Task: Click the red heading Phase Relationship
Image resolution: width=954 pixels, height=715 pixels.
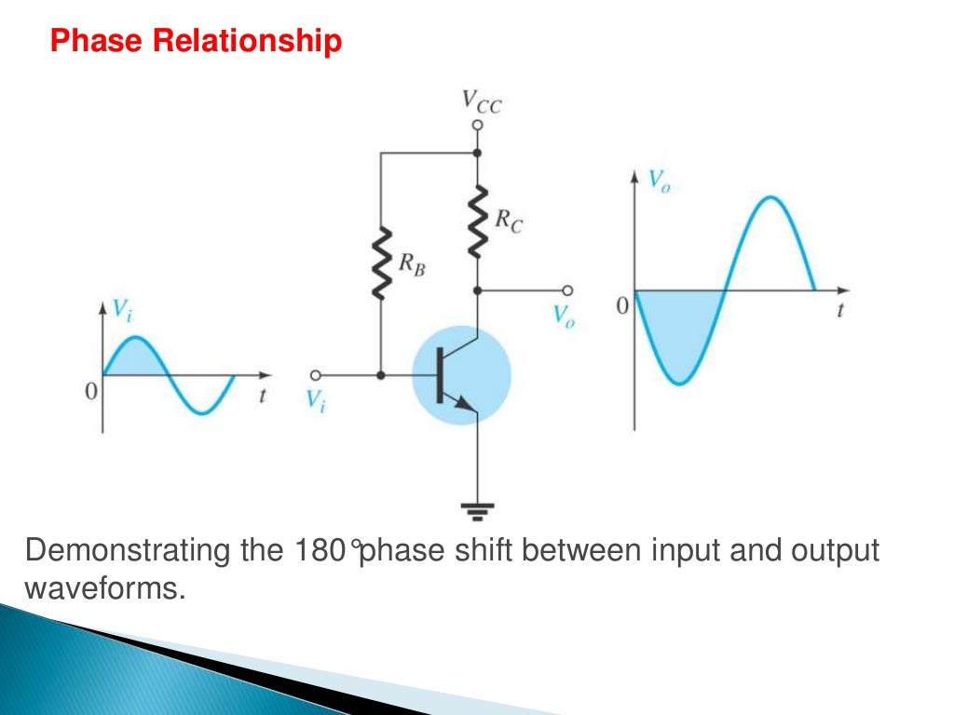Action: [x=196, y=41]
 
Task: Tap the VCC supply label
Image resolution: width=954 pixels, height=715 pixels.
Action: [x=482, y=102]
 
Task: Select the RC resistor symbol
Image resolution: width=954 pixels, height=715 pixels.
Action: [x=478, y=221]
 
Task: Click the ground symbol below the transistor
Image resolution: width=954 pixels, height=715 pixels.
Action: [x=478, y=508]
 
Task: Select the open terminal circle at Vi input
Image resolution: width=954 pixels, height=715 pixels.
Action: [x=316, y=375]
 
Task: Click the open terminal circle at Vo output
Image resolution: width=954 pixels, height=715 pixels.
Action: [x=565, y=290]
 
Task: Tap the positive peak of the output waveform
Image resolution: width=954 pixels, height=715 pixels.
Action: [x=770, y=197]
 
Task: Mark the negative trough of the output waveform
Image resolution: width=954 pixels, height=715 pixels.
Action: [x=683, y=383]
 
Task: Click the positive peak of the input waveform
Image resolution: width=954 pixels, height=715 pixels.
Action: [x=136, y=338]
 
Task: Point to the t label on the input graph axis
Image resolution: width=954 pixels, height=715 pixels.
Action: [x=262, y=395]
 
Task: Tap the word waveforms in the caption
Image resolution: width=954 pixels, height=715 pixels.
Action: [x=100, y=588]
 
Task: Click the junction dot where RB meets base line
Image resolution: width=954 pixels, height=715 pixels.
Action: [x=381, y=375]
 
